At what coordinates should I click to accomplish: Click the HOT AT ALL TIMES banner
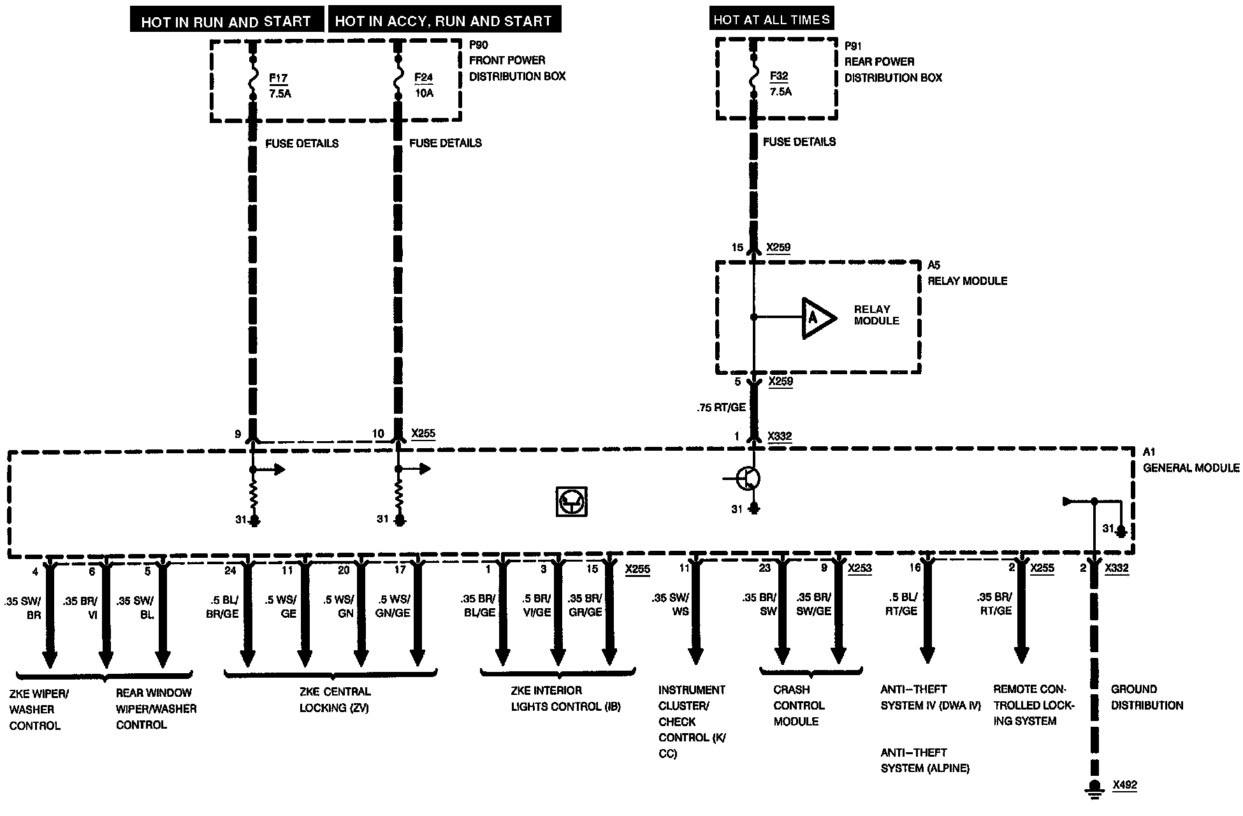(771, 20)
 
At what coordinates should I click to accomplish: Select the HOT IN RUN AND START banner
(226, 22)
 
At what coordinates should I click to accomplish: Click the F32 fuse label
(779, 76)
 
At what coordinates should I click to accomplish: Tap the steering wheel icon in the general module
(571, 502)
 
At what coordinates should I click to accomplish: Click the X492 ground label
(1124, 785)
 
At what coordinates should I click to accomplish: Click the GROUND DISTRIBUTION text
(1147, 697)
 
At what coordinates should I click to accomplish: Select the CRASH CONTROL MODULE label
(799, 706)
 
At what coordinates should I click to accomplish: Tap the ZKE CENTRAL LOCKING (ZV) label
(335, 699)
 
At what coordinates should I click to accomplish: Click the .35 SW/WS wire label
(671, 604)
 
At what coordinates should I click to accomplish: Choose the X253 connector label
(859, 568)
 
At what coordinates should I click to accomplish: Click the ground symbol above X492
(1094, 787)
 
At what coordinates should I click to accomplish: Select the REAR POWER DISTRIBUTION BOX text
(892, 69)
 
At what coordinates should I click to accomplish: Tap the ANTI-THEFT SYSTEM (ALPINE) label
(925, 761)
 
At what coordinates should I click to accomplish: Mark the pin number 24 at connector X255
(230, 570)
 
